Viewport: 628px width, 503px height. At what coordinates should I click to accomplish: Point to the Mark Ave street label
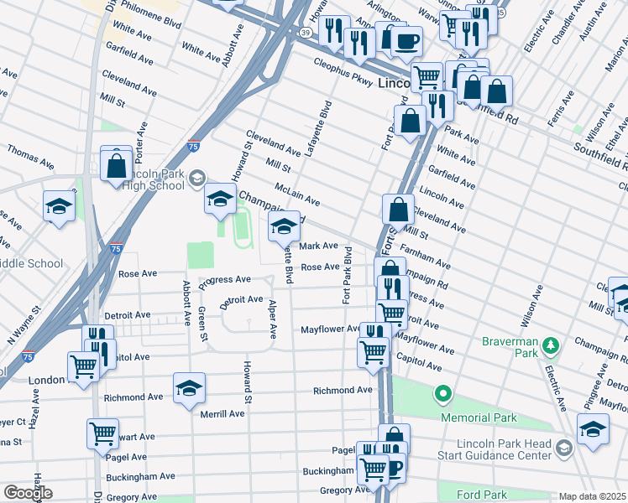tap(319, 246)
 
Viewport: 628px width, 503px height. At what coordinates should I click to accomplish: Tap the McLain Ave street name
tap(297, 195)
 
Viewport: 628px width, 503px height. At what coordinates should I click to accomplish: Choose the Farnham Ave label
tap(427, 257)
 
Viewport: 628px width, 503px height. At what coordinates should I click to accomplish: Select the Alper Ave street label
tap(272, 320)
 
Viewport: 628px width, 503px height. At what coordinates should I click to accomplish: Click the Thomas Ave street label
tap(30, 156)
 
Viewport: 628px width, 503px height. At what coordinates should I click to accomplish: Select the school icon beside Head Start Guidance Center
tap(593, 431)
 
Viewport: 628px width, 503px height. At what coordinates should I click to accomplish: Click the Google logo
tap(27, 494)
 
